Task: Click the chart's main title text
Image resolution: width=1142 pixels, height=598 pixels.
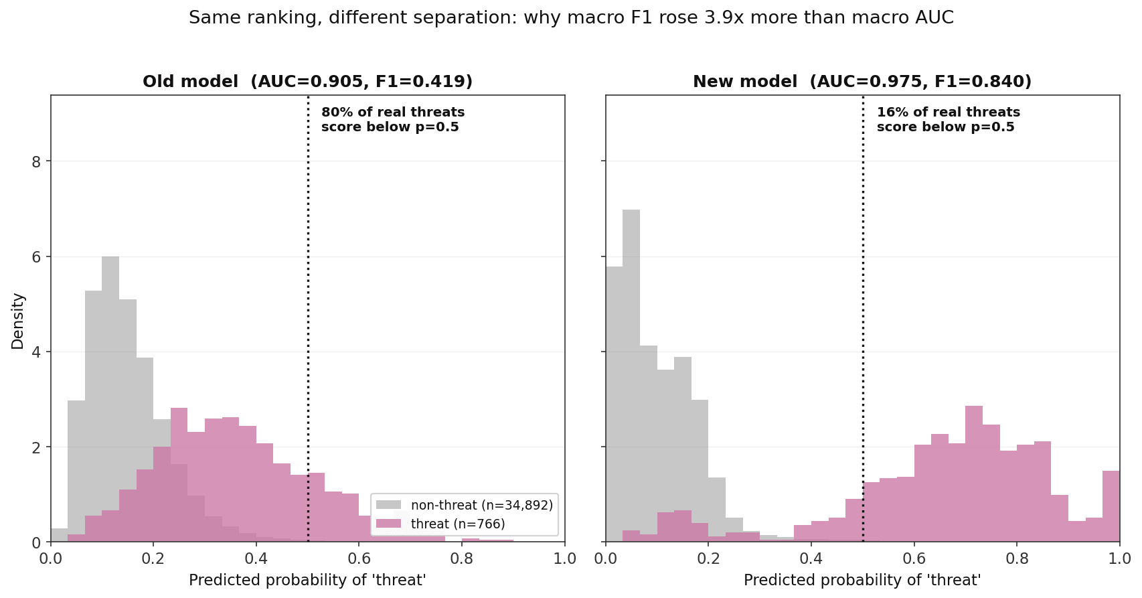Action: [x=571, y=18]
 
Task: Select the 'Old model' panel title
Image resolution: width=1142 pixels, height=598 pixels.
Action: [x=307, y=82]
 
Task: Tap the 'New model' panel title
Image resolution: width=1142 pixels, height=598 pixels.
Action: [x=862, y=82]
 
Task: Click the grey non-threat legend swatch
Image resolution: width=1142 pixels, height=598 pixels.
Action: [x=388, y=505]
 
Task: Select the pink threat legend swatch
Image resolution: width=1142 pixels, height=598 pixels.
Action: [x=388, y=524]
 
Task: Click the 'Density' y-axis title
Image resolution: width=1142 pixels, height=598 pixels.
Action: [x=18, y=321]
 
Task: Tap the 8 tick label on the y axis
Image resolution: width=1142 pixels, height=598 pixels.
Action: [x=36, y=161]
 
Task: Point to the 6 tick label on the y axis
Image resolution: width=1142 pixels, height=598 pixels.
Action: [x=36, y=257]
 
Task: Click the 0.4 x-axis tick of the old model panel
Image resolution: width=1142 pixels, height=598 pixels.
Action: [x=256, y=558]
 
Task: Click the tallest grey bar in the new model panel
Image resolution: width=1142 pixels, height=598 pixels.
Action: [x=631, y=376]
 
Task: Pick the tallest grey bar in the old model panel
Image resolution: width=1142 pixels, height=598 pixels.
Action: [x=110, y=399]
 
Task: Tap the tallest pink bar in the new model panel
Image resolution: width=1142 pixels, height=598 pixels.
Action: [x=974, y=473]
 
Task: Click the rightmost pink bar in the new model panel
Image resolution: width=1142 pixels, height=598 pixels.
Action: [x=1111, y=506]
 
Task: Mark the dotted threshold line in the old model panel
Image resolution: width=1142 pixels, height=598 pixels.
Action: [x=308, y=319]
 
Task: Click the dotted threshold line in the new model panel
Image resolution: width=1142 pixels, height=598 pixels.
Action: [x=863, y=319]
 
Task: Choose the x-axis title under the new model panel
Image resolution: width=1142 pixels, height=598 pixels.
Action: [x=862, y=580]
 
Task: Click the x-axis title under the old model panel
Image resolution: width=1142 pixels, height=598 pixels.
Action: [x=307, y=580]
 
